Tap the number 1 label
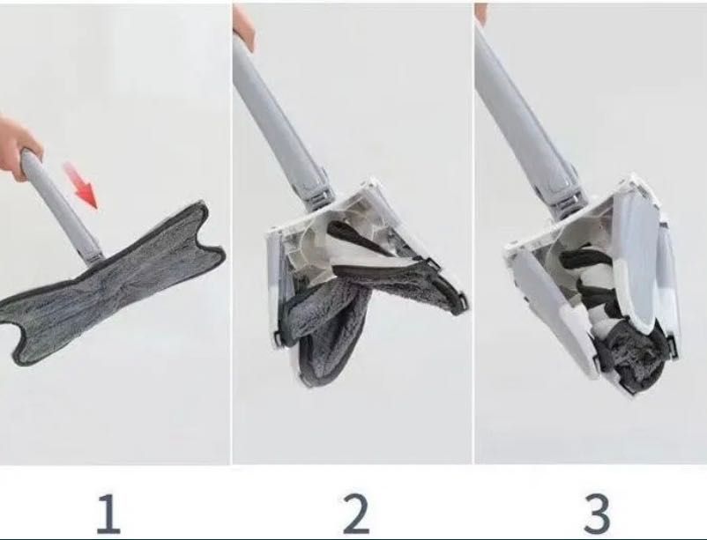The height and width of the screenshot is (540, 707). (x=108, y=514)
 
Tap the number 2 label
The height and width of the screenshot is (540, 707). (x=356, y=514)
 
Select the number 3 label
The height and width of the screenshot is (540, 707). (x=598, y=514)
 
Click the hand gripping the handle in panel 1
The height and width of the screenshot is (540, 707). (x=19, y=145)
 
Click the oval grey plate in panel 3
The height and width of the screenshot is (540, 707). (x=639, y=266)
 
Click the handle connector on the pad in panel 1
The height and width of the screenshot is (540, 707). (x=93, y=258)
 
